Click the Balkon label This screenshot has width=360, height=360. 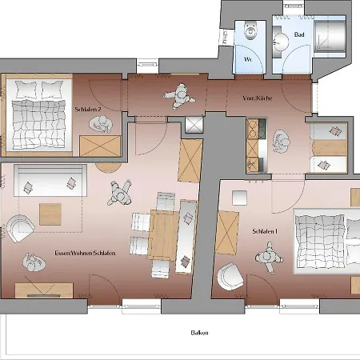click(199, 333)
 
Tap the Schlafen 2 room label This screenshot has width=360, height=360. click(88, 109)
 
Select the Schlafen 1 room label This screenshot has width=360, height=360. click(265, 231)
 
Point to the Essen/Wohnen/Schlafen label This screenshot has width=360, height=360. click(85, 253)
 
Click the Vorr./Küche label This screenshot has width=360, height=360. click(258, 98)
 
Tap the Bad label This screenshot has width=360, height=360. click(299, 34)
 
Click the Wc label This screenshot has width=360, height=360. click(248, 59)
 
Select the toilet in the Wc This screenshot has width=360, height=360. click(250, 30)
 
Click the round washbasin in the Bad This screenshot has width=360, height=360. click(281, 42)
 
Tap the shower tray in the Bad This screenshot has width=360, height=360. click(330, 36)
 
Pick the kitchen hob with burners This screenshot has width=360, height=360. click(257, 129)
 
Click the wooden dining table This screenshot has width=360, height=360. click(163, 234)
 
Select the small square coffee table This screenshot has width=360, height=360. click(50, 214)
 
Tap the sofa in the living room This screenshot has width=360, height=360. click(50, 181)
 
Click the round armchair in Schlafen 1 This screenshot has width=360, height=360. click(230, 276)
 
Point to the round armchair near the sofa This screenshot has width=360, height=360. click(20, 228)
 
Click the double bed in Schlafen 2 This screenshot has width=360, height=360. click(39, 115)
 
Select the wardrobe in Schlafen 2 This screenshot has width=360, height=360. click(100, 146)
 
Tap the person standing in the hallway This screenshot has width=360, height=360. click(179, 96)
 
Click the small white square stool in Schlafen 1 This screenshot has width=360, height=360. click(239, 198)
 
